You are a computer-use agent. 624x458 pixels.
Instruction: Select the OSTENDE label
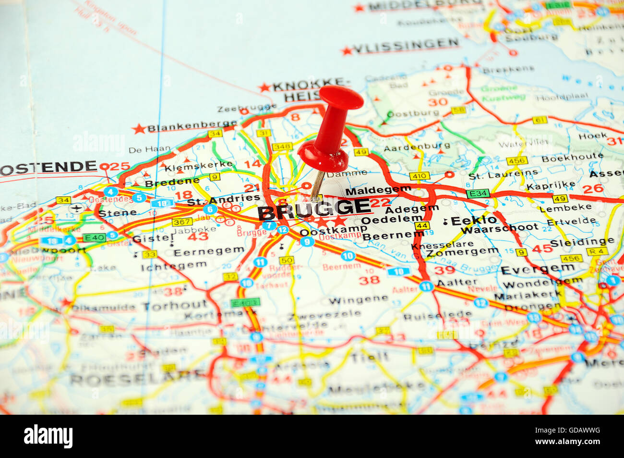(x=49, y=167)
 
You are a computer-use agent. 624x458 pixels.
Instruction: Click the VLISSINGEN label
(x=406, y=46)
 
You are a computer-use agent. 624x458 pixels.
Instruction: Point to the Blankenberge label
(x=192, y=126)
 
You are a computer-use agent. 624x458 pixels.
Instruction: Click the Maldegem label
(x=378, y=190)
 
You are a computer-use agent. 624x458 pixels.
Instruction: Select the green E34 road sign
(x=477, y=193)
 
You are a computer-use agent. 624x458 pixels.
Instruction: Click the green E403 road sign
(x=245, y=302)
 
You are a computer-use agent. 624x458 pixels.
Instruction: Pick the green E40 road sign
(x=94, y=237)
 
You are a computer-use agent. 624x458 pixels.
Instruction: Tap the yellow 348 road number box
(x=282, y=146)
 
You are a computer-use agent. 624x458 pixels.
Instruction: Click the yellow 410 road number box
(x=420, y=176)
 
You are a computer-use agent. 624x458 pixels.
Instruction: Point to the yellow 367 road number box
(x=182, y=222)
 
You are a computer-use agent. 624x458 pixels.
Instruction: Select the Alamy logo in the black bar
(x=48, y=436)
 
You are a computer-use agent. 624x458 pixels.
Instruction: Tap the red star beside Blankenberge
(x=139, y=129)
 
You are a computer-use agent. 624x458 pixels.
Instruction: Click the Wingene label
(x=359, y=299)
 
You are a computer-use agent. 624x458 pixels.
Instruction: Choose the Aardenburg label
(x=417, y=147)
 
